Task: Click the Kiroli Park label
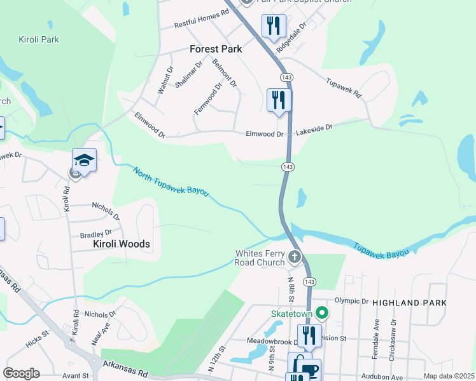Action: click(38, 39)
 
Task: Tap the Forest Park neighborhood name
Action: click(216, 49)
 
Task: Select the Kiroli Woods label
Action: click(122, 244)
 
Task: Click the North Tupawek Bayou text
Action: click(171, 181)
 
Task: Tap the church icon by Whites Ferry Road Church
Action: click(294, 257)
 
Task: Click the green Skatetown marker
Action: click(323, 312)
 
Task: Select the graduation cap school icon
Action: click(84, 159)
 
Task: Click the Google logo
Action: click(21, 373)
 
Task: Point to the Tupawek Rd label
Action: click(344, 88)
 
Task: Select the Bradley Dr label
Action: click(96, 234)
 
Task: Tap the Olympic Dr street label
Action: click(347, 301)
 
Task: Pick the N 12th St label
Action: click(216, 359)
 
